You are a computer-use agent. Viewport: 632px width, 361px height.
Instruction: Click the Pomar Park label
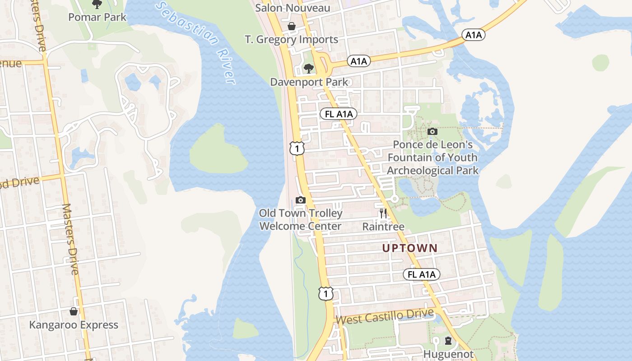[x=98, y=17]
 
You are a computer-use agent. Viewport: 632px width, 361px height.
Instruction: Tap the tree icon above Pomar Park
[x=97, y=5]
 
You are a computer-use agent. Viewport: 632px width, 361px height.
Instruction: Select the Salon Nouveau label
[x=293, y=8]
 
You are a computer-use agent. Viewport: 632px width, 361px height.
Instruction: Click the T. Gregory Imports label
[x=291, y=39]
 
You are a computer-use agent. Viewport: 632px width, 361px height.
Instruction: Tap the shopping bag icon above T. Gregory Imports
[x=292, y=26]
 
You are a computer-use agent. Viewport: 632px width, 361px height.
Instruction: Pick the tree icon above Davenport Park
[x=309, y=69]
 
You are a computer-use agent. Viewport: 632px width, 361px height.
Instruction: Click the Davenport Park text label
[x=309, y=82]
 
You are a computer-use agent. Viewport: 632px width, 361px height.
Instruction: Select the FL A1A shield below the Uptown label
[x=421, y=274]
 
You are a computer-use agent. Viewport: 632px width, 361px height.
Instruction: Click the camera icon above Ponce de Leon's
[x=432, y=132]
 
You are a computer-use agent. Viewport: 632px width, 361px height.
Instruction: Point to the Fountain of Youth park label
[x=432, y=157]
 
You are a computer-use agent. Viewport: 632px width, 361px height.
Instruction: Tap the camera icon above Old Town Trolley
[x=301, y=200]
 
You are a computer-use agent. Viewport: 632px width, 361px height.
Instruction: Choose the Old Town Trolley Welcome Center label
[x=301, y=219]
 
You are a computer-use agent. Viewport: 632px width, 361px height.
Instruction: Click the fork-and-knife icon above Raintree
[x=383, y=213]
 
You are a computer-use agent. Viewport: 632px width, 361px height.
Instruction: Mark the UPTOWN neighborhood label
[x=410, y=248]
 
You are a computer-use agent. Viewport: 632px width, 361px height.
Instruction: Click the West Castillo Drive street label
[x=385, y=316]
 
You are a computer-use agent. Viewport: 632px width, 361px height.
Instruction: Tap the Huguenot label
[x=448, y=354]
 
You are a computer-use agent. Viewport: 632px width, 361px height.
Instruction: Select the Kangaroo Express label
[x=74, y=325]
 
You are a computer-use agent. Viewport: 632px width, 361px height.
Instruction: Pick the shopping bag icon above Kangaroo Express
[x=74, y=312]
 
